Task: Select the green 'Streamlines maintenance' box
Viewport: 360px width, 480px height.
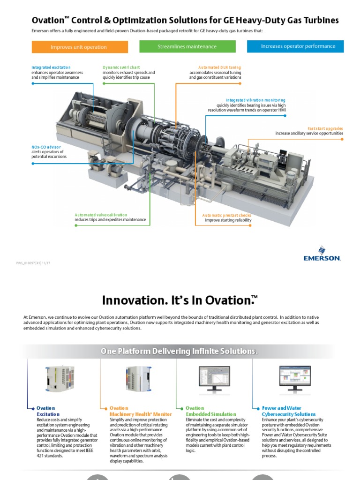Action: click(187, 46)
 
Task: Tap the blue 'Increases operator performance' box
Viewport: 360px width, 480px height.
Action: click(295, 46)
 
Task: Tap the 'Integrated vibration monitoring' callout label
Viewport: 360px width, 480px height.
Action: click(255, 100)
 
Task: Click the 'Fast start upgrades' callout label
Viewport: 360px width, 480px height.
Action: click(325, 128)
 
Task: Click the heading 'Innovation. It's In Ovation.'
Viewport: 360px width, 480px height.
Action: click(180, 300)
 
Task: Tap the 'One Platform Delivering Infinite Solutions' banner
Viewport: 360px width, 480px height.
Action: click(180, 352)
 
